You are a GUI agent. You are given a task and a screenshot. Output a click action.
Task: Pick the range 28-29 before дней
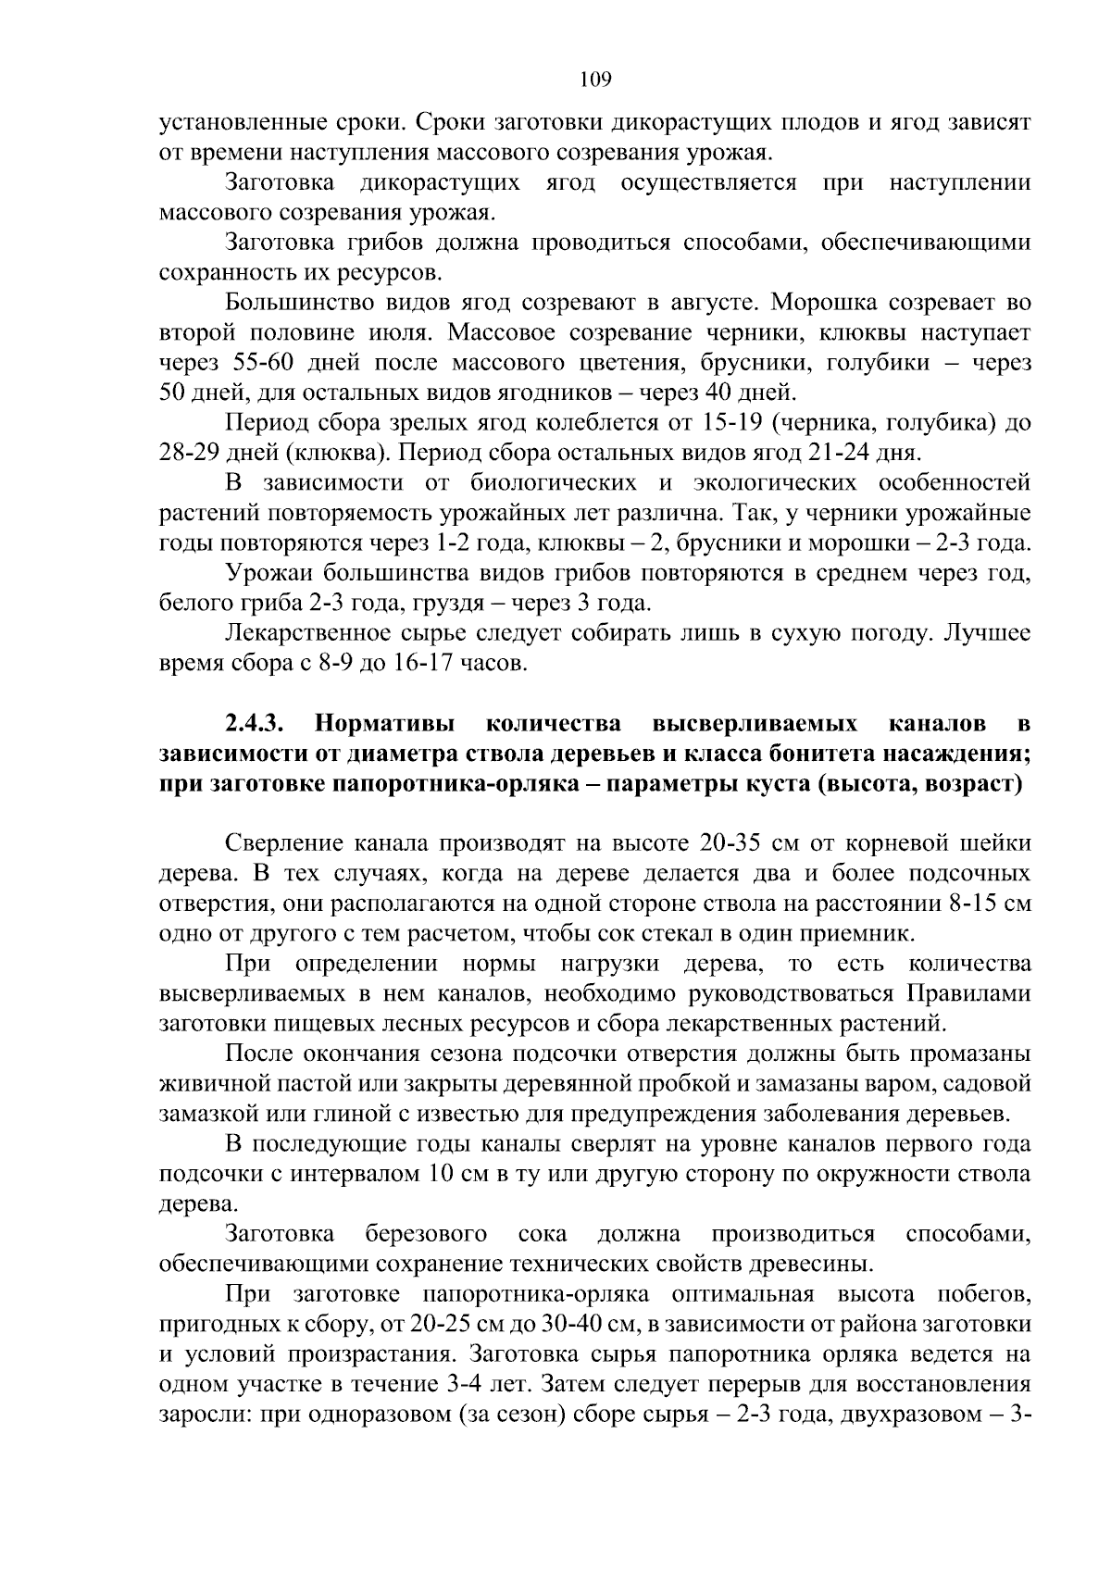(192, 453)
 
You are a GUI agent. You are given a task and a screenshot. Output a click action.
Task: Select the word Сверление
(284, 843)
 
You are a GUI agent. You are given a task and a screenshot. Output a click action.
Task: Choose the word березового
(427, 1235)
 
